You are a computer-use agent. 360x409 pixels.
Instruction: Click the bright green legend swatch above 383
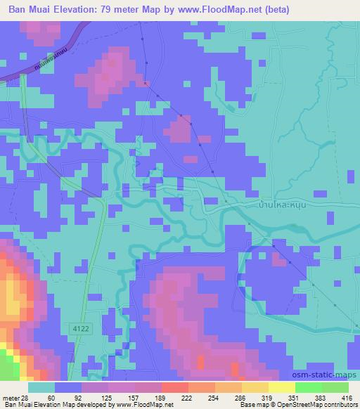[309, 387]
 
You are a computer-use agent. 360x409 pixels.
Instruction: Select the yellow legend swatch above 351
[282, 387]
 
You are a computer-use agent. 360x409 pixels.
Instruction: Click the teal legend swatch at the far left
[41, 387]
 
